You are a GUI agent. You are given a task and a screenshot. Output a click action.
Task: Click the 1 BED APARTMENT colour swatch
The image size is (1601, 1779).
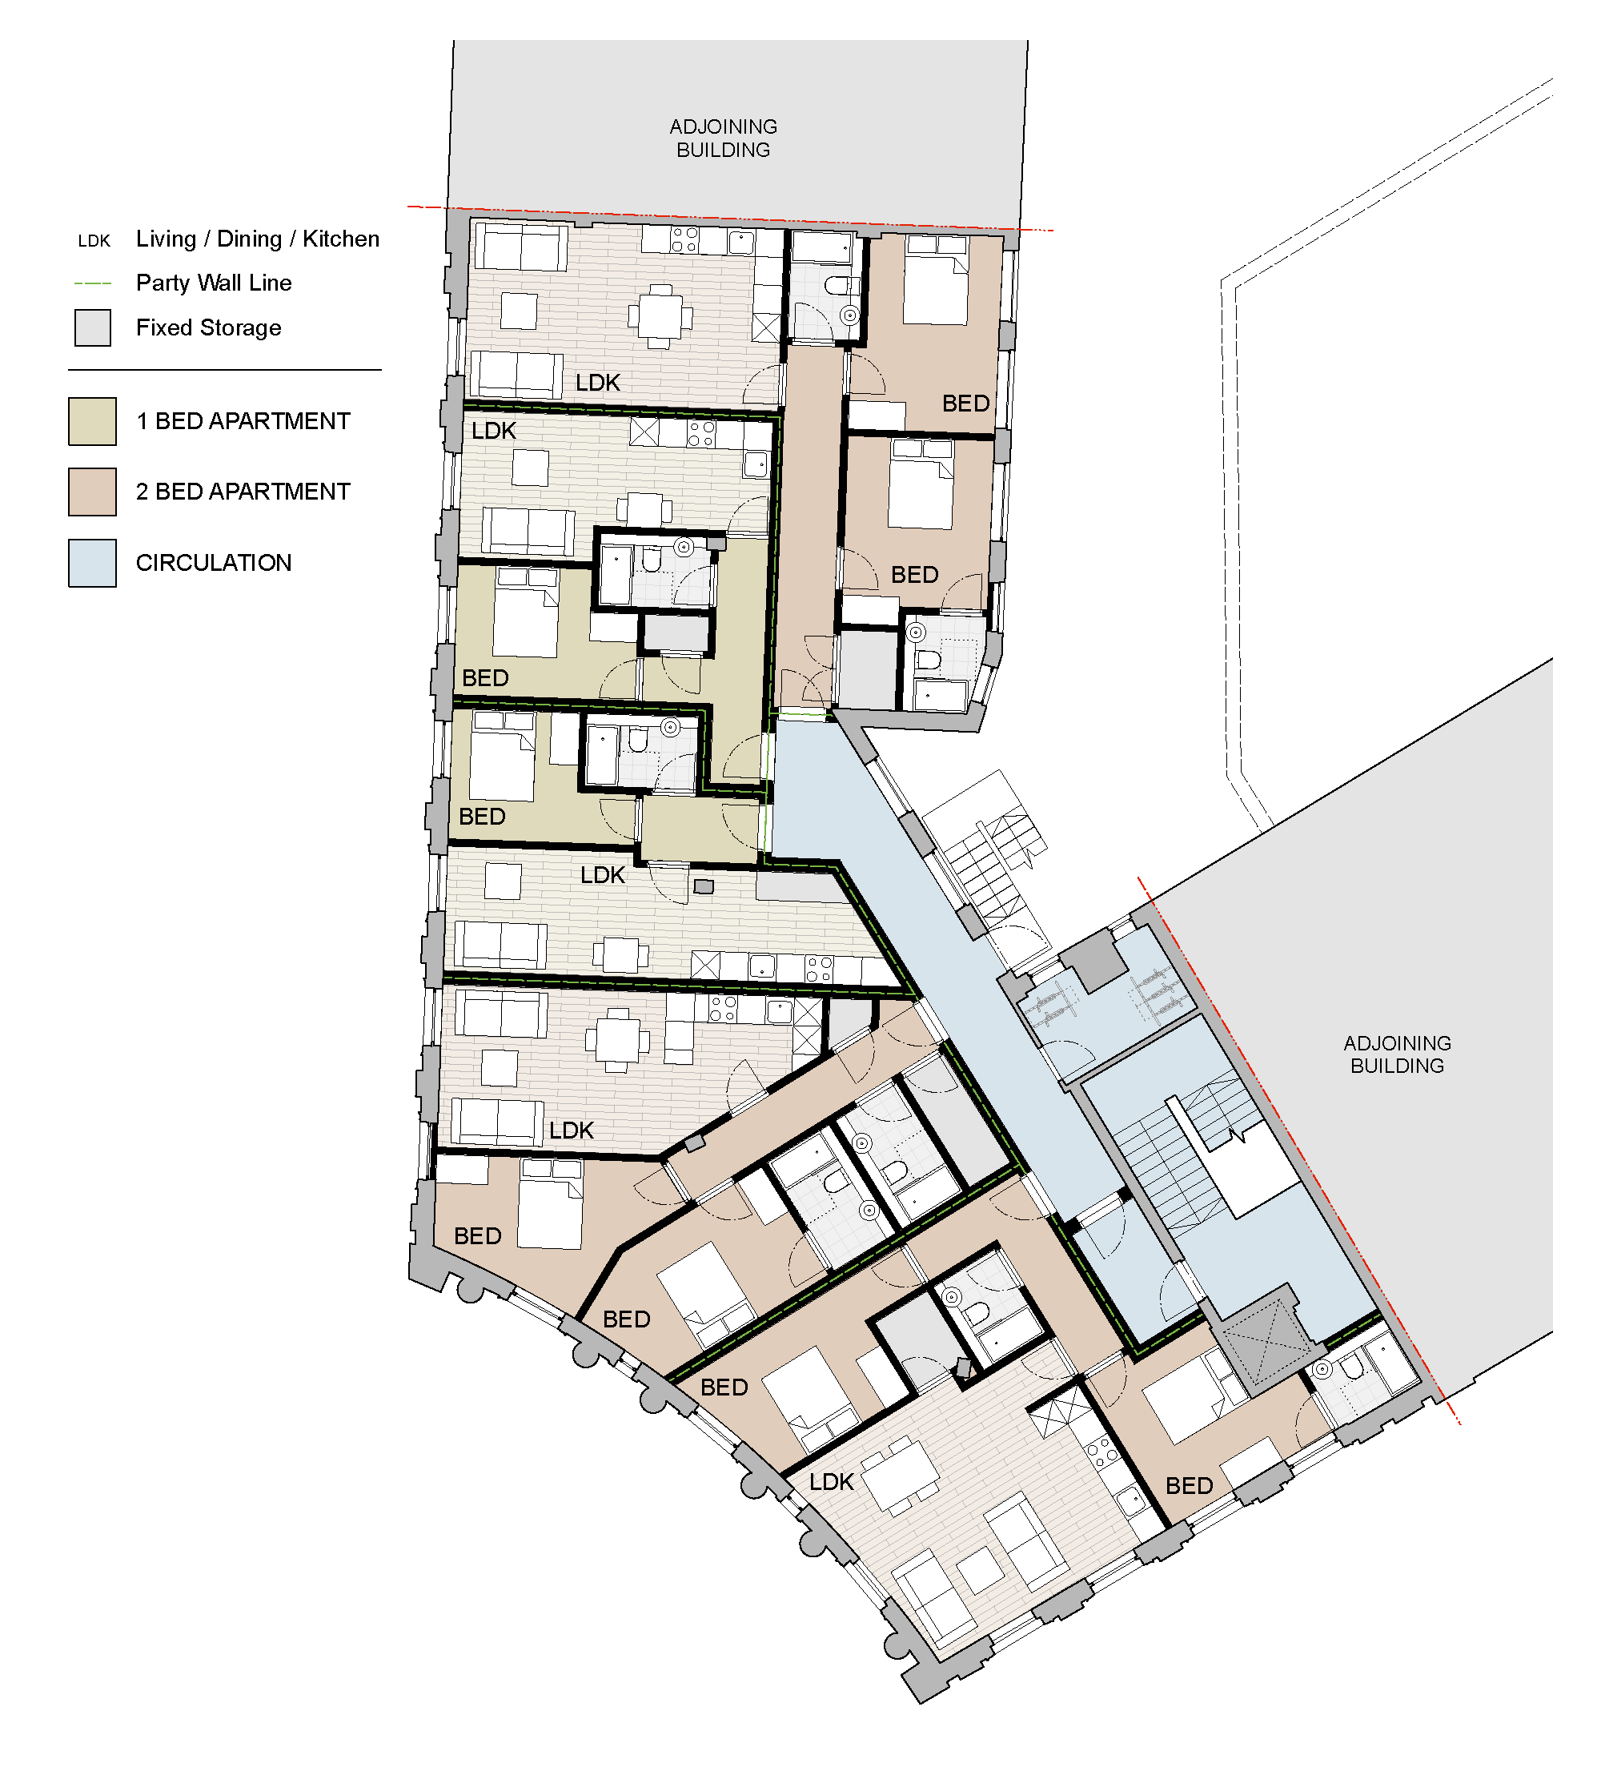point(92,421)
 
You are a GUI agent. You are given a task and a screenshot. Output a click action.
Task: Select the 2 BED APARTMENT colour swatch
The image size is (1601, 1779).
point(92,492)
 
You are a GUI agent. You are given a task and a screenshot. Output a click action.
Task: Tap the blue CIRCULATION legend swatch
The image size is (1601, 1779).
point(92,563)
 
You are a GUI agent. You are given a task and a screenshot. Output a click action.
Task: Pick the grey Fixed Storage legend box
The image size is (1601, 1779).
point(92,328)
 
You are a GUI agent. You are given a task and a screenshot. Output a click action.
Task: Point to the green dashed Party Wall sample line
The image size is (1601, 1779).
point(93,283)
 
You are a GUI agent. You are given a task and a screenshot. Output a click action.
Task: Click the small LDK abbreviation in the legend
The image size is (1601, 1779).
point(94,241)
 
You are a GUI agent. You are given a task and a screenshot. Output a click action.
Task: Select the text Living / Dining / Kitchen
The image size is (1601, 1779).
point(258,239)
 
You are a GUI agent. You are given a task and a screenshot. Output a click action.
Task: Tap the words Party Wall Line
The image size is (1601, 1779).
point(214,283)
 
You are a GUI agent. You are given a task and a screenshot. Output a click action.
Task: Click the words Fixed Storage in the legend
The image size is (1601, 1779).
point(208,328)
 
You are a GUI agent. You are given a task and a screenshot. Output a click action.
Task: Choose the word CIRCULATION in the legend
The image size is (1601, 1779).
point(214,563)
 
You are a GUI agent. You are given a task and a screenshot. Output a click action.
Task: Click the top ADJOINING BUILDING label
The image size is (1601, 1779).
point(723,139)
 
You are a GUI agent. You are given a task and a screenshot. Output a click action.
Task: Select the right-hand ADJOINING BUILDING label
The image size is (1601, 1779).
point(1397,1054)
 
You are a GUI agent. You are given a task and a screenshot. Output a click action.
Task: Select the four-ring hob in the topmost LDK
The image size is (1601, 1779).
point(684,239)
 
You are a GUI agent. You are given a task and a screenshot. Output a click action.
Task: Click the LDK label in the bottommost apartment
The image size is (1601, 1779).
point(831,1483)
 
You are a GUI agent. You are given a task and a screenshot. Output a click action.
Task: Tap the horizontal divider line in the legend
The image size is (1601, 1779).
point(225,371)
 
